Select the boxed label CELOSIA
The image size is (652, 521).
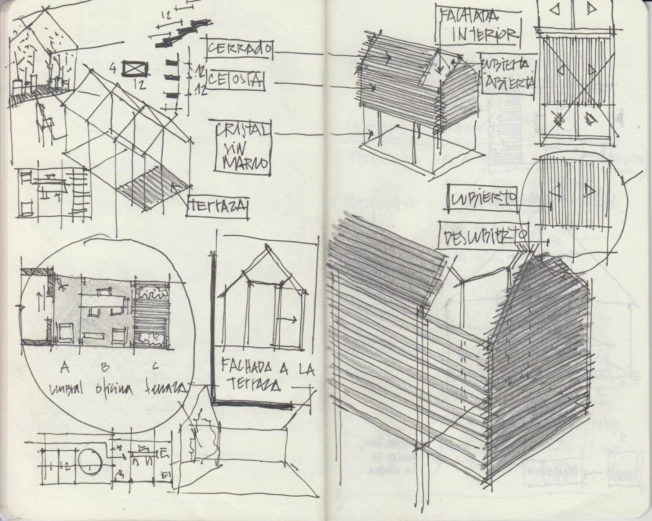(x=236, y=81)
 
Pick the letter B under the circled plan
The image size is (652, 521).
(x=105, y=368)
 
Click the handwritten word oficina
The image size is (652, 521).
(x=110, y=389)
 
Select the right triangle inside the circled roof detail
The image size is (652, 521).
(x=590, y=191)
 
